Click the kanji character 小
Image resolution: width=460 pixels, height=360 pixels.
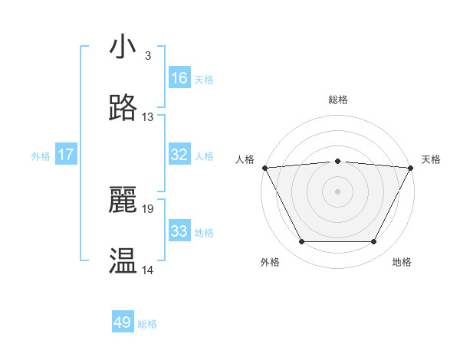[123, 47]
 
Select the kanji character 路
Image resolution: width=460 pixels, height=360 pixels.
[123, 109]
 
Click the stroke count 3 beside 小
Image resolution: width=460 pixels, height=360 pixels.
[147, 56]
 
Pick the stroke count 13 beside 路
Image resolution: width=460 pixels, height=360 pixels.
[148, 117]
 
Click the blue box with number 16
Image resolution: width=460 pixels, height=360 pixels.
[179, 78]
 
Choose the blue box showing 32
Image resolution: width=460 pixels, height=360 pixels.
[179, 155]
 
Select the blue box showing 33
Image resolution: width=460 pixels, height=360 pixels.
[179, 231]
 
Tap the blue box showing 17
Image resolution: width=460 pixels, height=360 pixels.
[66, 155]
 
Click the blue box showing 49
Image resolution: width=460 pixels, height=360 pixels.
[123, 322]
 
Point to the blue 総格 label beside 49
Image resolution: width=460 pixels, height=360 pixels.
[148, 324]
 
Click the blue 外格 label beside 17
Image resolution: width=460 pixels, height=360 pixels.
[41, 156]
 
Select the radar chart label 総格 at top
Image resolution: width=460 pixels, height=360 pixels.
[338, 100]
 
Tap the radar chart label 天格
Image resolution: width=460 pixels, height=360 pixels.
[431, 159]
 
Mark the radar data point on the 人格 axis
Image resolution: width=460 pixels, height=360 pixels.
[264, 167]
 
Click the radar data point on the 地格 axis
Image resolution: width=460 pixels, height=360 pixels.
[374, 242]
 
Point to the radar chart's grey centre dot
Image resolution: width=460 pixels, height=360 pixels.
[338, 191]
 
